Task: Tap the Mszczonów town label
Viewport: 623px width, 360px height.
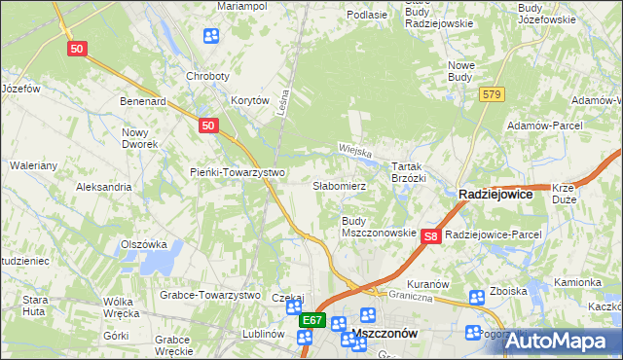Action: (383, 333)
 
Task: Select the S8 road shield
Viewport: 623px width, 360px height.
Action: (433, 235)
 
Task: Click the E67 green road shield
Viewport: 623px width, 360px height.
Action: (311, 319)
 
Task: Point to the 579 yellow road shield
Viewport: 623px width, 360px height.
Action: (492, 93)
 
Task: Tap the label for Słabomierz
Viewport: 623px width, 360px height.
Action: (339, 185)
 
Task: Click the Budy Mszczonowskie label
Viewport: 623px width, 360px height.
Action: (378, 227)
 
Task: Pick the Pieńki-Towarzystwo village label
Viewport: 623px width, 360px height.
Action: (237, 172)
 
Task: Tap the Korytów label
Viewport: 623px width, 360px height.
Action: (249, 100)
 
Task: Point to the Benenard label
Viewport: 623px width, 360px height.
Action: (143, 100)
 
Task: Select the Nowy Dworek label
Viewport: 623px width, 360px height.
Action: (139, 137)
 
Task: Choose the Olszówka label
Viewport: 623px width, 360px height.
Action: (144, 244)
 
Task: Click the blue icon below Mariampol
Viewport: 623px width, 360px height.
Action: (211, 37)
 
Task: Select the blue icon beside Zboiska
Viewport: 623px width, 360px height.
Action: (477, 298)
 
